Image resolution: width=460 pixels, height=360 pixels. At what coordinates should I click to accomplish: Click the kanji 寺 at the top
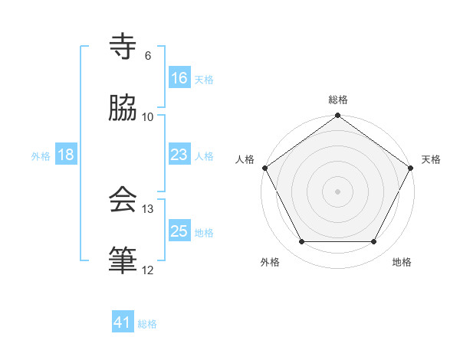pyautogui.click(x=123, y=47)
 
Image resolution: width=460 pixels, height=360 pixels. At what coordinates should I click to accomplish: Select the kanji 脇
pyautogui.click(x=123, y=108)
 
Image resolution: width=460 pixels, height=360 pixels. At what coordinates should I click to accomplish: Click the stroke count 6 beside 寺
pyautogui.click(x=147, y=56)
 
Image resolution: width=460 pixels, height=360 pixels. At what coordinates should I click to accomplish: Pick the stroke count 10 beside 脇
pyautogui.click(x=148, y=116)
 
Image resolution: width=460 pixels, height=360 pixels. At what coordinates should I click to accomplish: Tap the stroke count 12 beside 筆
pyautogui.click(x=148, y=270)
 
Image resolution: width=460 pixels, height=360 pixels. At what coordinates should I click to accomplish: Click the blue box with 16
pyautogui.click(x=179, y=78)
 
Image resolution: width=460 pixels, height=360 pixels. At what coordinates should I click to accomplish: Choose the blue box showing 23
pyautogui.click(x=179, y=155)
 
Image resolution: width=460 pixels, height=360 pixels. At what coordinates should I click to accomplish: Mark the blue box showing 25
pyautogui.click(x=179, y=231)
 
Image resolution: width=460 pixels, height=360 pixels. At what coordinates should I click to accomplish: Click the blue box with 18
pyautogui.click(x=66, y=155)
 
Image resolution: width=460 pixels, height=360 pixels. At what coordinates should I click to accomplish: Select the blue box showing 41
pyautogui.click(x=123, y=323)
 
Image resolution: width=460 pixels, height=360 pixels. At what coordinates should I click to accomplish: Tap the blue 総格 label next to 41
pyautogui.click(x=147, y=324)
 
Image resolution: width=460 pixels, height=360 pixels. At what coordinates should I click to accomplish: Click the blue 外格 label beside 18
pyautogui.click(x=41, y=155)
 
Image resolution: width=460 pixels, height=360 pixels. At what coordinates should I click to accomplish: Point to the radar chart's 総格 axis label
pyautogui.click(x=337, y=100)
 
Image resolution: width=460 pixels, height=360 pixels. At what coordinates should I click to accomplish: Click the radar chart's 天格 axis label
pyautogui.click(x=431, y=159)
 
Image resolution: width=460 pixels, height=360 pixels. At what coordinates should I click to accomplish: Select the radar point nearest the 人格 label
pyautogui.click(x=264, y=168)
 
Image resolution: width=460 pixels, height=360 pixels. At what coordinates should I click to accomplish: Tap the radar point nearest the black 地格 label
pyautogui.click(x=374, y=242)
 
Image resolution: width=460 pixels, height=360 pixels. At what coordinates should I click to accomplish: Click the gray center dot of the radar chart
pyautogui.click(x=337, y=191)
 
